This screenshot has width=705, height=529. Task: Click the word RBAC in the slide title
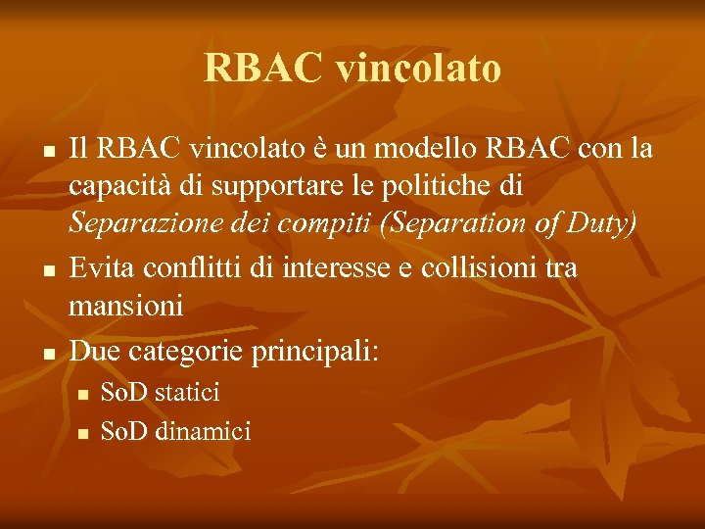pos(263,69)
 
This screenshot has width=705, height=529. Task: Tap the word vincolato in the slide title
pos(418,69)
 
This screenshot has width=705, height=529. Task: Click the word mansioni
pos(125,307)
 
